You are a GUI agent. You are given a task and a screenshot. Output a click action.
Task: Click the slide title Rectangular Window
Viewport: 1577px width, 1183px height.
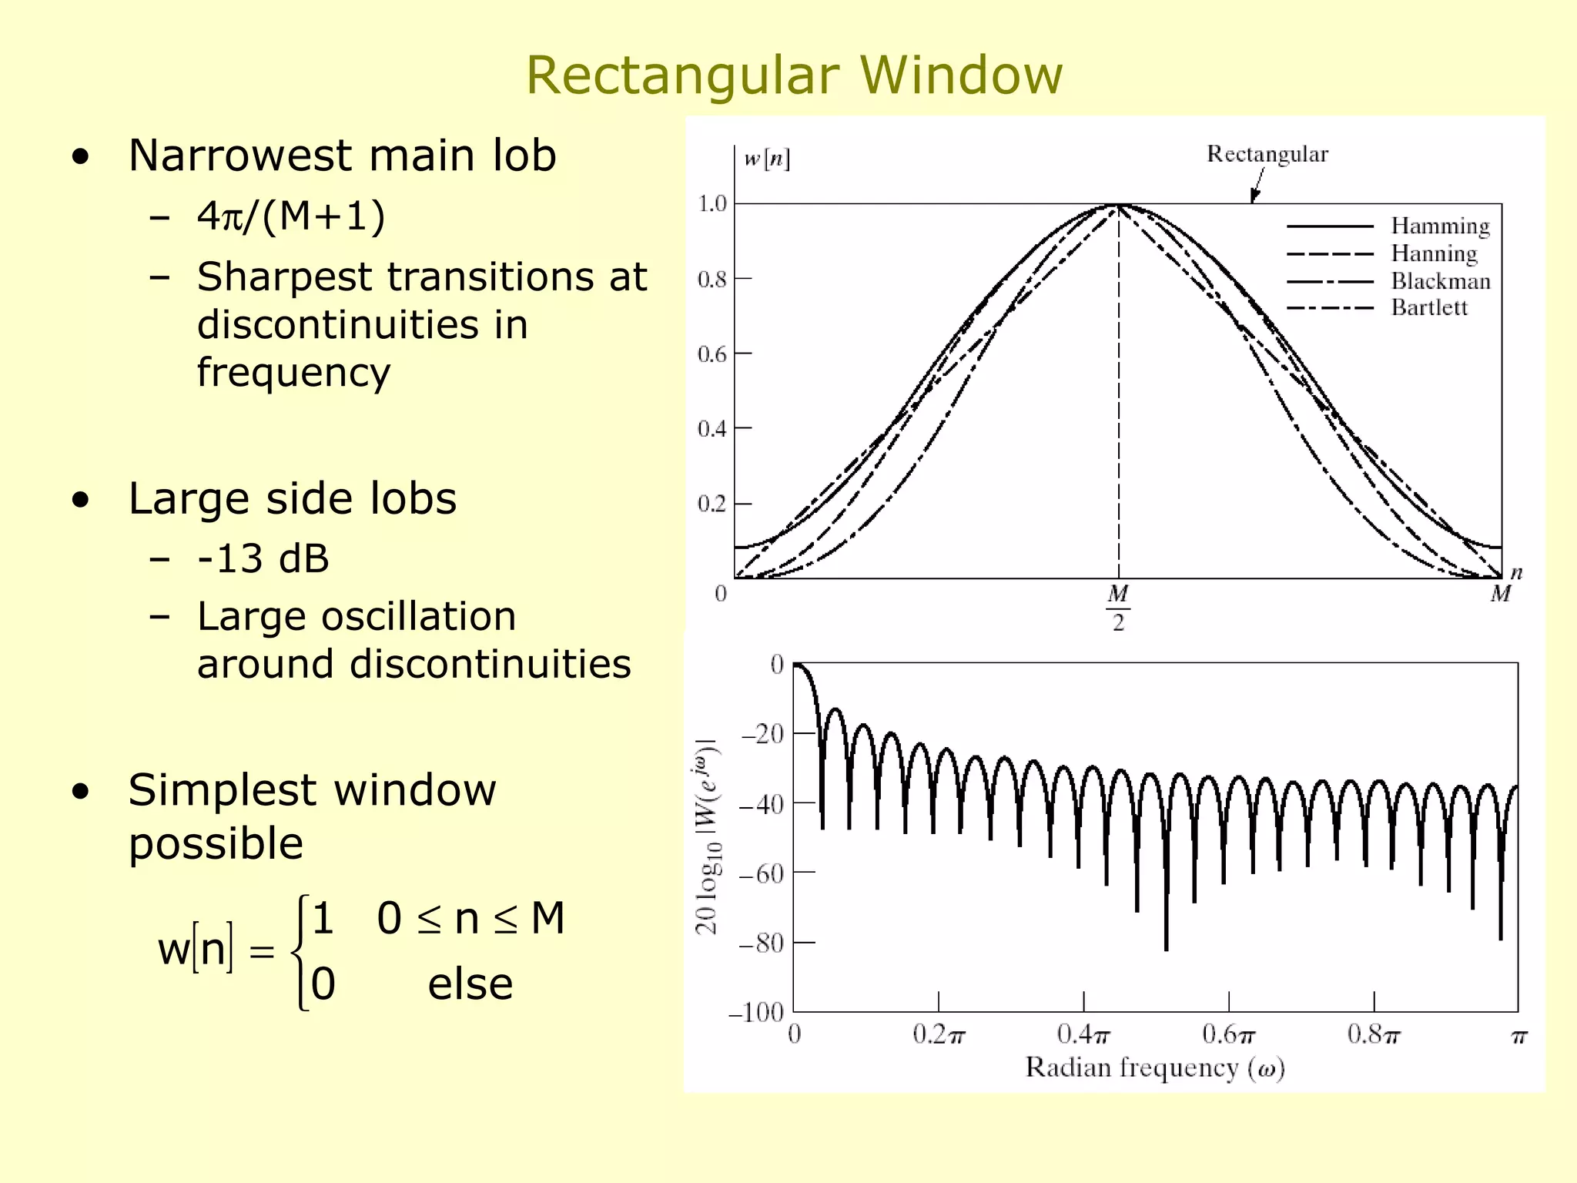tap(794, 75)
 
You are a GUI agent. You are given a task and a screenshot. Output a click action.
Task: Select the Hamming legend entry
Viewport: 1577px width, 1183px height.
tap(1440, 226)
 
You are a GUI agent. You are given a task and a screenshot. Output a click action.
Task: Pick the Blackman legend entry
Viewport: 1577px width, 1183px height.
tap(1440, 281)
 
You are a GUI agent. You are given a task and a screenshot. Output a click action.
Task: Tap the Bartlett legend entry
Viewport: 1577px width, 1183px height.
tap(1429, 308)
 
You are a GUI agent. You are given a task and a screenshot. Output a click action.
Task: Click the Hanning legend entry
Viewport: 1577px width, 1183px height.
tap(1434, 253)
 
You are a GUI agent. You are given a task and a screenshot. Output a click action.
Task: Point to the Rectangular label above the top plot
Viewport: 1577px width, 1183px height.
tap(1267, 154)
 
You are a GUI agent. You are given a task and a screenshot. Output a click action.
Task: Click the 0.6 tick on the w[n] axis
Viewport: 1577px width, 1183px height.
tap(711, 354)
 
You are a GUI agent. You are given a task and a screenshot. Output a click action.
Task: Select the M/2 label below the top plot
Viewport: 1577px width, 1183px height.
tap(1118, 608)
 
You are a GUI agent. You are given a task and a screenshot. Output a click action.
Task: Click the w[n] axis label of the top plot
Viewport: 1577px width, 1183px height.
tap(766, 159)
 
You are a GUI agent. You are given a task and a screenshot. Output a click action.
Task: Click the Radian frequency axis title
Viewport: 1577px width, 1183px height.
tap(1155, 1068)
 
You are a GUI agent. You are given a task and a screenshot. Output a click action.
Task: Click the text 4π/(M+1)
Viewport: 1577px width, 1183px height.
tap(291, 216)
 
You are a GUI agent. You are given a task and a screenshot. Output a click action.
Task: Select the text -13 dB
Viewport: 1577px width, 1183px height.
tap(263, 558)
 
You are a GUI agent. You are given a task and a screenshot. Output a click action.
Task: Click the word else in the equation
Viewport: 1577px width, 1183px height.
tap(470, 984)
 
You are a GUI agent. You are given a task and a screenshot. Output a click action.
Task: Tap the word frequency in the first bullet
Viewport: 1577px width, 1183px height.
tap(293, 373)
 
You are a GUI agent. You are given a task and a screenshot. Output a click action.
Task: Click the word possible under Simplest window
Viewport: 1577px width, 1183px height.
tap(216, 843)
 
